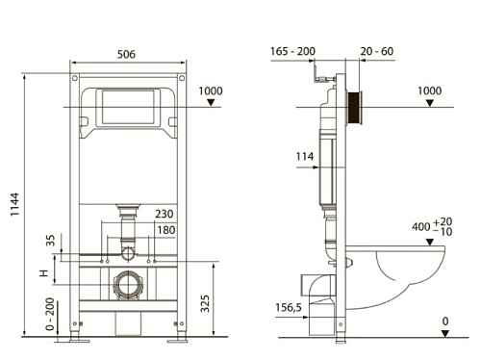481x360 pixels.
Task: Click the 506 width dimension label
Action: tap(126, 54)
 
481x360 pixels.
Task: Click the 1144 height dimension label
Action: tap(14, 204)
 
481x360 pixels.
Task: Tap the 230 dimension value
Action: tap(165, 214)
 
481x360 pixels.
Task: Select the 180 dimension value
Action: tap(166, 230)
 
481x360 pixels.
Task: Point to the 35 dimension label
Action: tap(50, 240)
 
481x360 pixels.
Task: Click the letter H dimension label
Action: tap(43, 273)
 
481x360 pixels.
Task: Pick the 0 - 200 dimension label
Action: tap(50, 314)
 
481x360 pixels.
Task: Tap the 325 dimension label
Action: tap(205, 303)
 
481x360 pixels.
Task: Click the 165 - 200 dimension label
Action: tap(292, 51)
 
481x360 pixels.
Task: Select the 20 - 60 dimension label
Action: tap(376, 51)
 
